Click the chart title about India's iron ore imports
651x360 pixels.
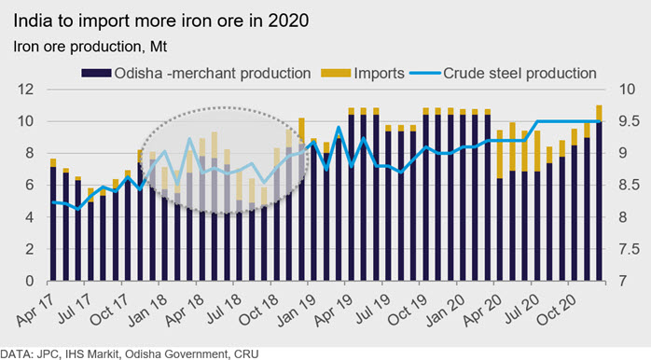coord(161,21)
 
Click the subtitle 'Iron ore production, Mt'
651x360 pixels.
coord(90,47)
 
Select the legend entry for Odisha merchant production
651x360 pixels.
coord(196,74)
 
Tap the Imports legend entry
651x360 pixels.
coord(363,74)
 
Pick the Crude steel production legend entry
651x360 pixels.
coord(504,74)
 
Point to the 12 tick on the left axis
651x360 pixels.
coord(25,90)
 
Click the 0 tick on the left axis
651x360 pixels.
coord(29,282)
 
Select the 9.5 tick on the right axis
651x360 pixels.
coord(629,121)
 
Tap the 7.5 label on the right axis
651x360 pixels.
coord(629,249)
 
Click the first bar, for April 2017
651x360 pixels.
coord(53,220)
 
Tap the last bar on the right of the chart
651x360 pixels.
coord(599,193)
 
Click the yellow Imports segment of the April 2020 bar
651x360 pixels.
coord(500,155)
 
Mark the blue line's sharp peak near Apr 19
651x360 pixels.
coord(339,127)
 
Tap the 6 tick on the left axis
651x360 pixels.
coord(29,186)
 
